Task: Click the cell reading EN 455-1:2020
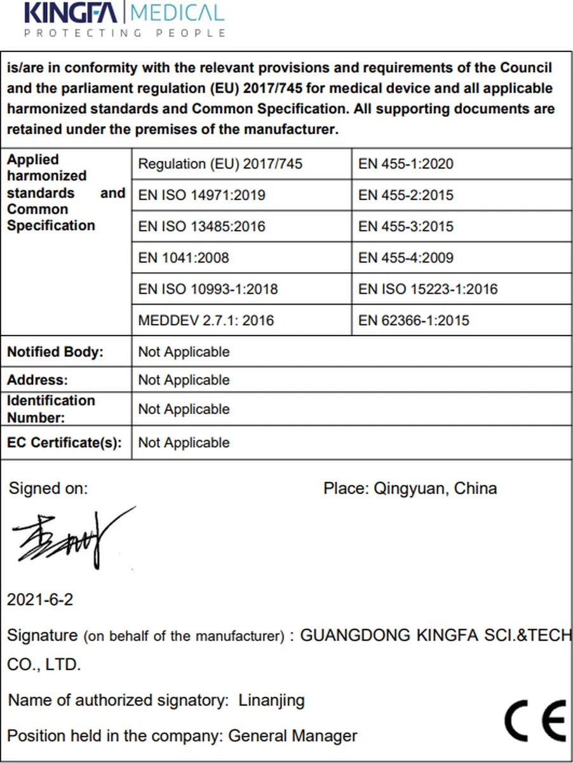406,164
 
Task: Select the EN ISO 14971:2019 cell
201,195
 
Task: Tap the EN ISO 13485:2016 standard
201,226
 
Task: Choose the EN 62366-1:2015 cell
414,320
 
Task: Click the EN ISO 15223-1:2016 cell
428,289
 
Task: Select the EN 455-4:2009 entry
406,258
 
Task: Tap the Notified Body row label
55,352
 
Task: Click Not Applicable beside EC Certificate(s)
184,443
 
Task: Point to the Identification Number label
51,409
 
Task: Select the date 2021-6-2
40,600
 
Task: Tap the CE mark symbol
535,720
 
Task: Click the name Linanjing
271,701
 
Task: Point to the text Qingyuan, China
435,488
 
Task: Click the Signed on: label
48,488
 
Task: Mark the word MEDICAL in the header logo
177,13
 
